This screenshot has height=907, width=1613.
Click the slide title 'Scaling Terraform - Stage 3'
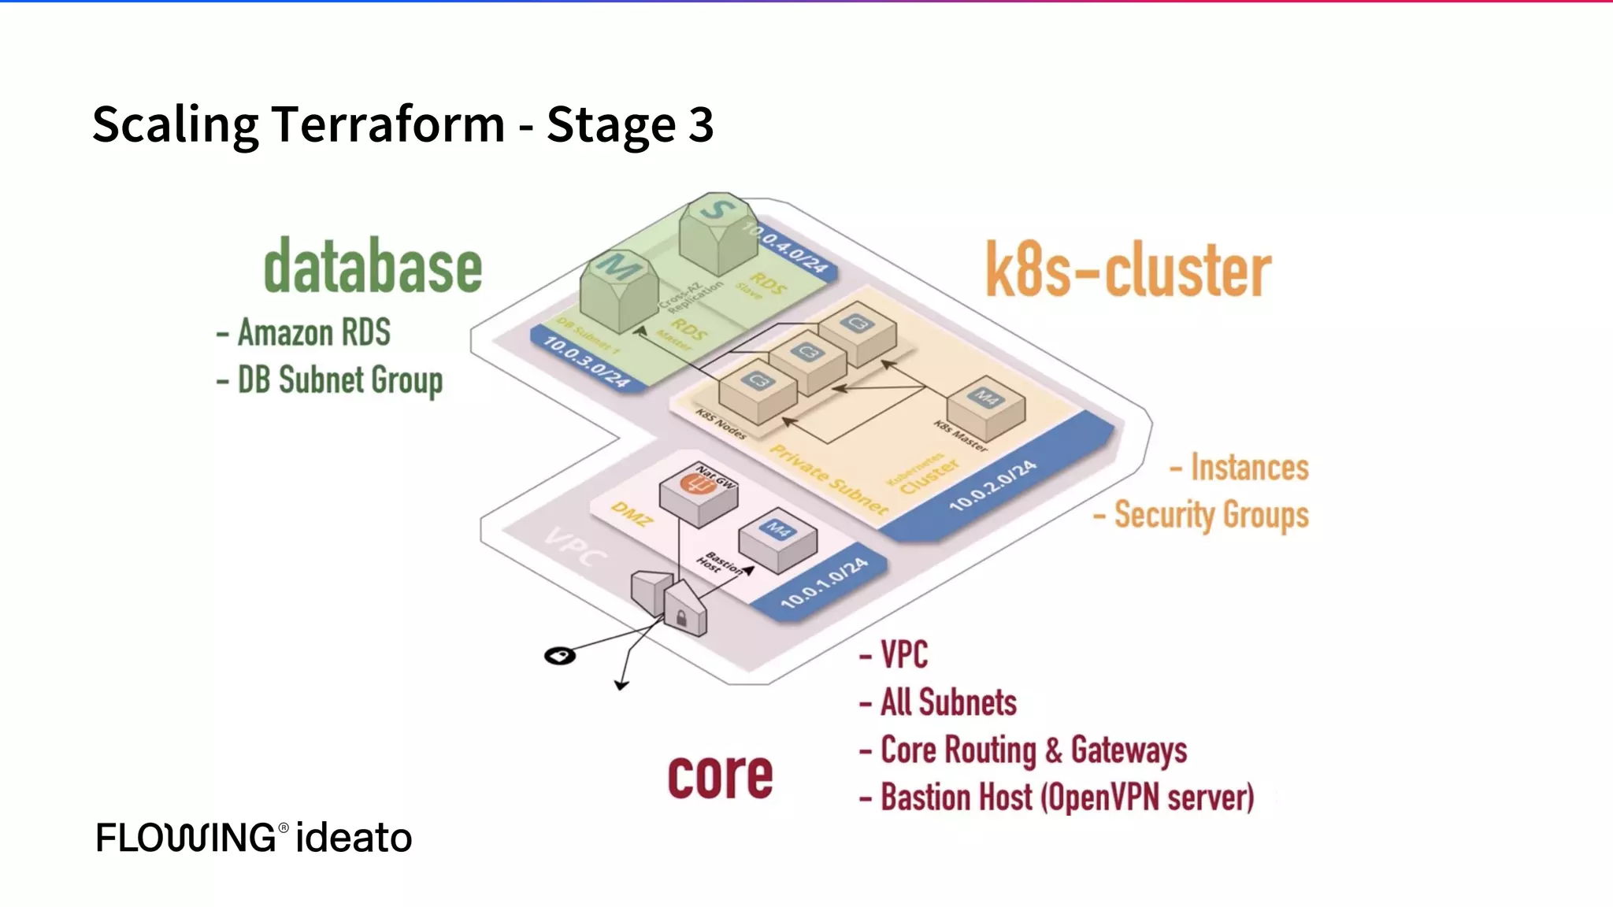tap(402, 124)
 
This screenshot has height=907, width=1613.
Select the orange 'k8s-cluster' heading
tap(1128, 271)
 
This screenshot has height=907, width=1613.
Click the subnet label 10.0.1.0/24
tap(824, 583)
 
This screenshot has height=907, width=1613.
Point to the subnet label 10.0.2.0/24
tap(992, 487)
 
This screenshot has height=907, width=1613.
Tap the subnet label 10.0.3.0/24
tap(587, 361)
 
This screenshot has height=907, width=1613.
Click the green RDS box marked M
tap(619, 290)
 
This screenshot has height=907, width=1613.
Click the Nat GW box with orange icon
tap(698, 494)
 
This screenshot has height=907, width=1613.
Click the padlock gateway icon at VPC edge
tap(683, 608)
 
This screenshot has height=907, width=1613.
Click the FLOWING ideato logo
tap(254, 837)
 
